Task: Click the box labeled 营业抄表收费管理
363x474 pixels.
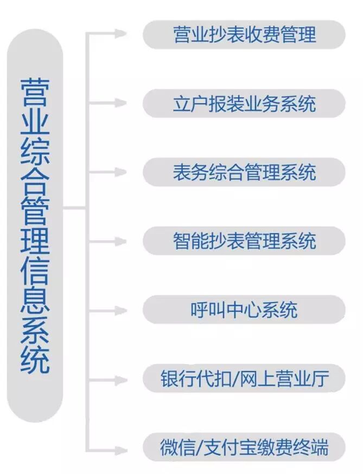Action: (x=244, y=35)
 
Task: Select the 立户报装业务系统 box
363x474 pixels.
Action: (x=244, y=103)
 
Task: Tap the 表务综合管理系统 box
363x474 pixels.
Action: (x=244, y=172)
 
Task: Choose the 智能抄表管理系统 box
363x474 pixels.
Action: (x=244, y=241)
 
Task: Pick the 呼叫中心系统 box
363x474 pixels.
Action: (x=244, y=310)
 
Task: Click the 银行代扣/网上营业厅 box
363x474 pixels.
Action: (x=244, y=379)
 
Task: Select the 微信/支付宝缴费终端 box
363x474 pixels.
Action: (x=244, y=447)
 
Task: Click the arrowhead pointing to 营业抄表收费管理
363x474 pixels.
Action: (x=120, y=34)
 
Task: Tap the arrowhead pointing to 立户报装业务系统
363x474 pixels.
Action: (x=120, y=102)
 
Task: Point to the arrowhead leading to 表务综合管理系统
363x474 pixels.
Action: (x=120, y=172)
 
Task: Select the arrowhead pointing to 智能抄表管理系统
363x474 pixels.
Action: (x=120, y=241)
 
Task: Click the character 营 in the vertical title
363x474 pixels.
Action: (x=35, y=89)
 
